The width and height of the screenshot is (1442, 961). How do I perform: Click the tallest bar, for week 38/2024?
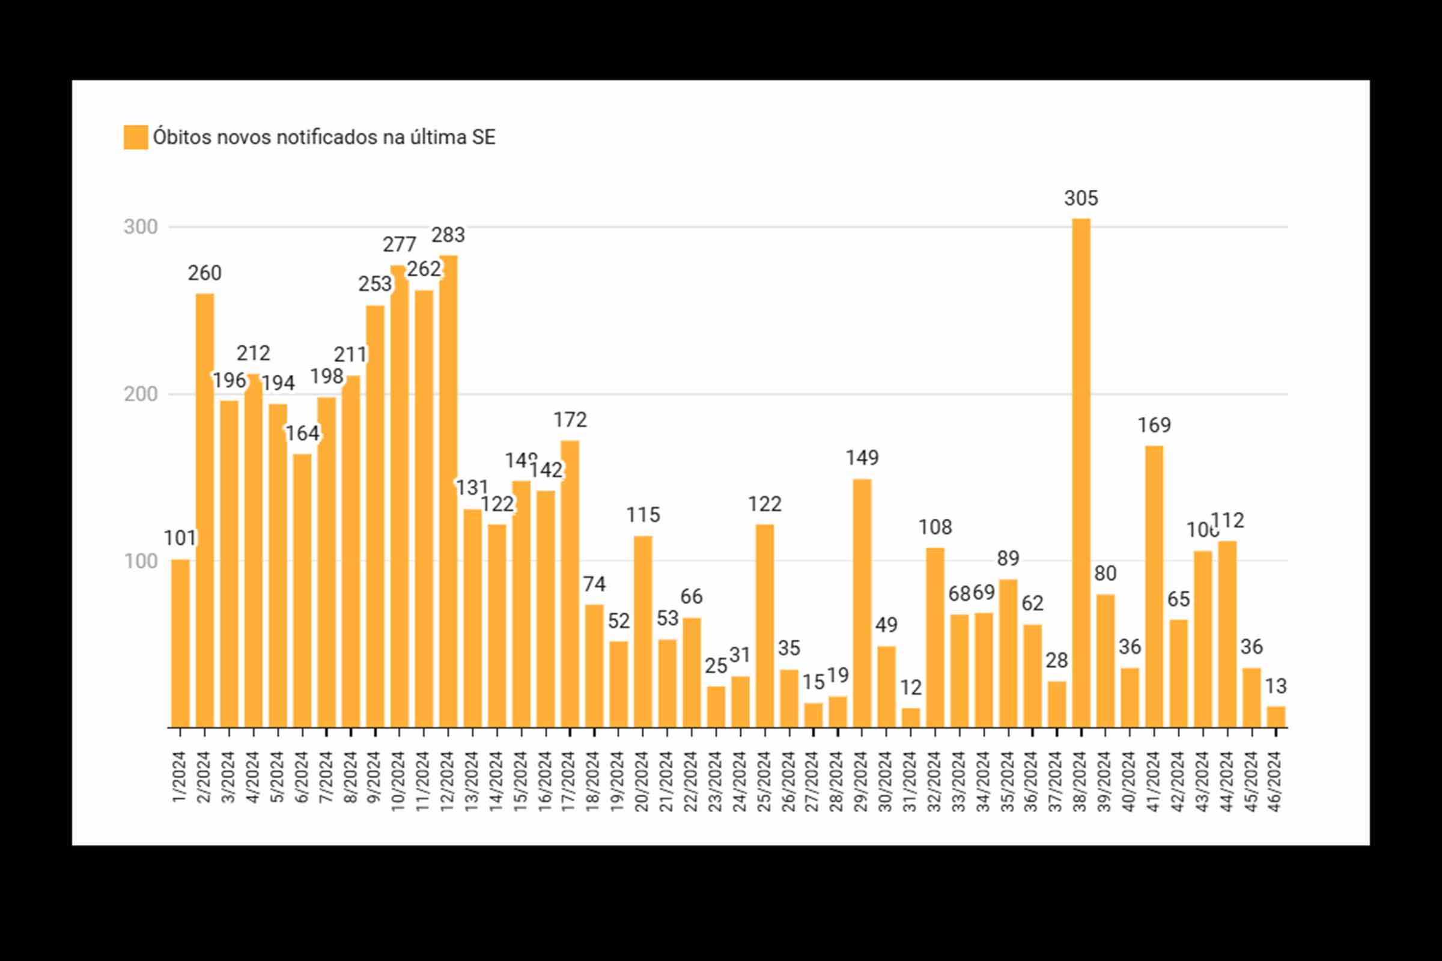click(x=1081, y=472)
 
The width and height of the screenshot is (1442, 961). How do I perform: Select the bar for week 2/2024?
click(x=205, y=510)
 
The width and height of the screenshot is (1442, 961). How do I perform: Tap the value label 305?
click(x=1081, y=199)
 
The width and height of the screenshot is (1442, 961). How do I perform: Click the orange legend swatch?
click(x=136, y=138)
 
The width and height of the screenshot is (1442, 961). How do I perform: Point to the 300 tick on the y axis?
click(x=141, y=228)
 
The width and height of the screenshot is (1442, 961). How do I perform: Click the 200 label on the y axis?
click(x=141, y=394)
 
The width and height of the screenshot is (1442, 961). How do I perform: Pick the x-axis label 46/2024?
click(x=1275, y=781)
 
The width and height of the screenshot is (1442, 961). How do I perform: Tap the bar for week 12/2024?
click(x=448, y=490)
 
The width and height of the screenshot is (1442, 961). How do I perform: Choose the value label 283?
click(x=448, y=235)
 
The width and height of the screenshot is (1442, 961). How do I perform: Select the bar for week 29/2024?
click(x=862, y=603)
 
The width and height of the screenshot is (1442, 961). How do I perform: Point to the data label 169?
click(x=1154, y=425)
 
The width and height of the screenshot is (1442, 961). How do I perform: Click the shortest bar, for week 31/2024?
click(x=911, y=718)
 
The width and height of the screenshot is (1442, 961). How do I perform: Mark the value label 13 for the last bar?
click(x=1276, y=687)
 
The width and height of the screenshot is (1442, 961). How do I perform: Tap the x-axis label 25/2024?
click(x=764, y=781)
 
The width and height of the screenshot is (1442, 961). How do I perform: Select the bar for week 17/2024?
click(x=570, y=583)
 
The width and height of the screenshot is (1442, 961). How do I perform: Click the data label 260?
click(x=205, y=273)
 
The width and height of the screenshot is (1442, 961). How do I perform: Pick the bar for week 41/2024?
click(x=1154, y=587)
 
